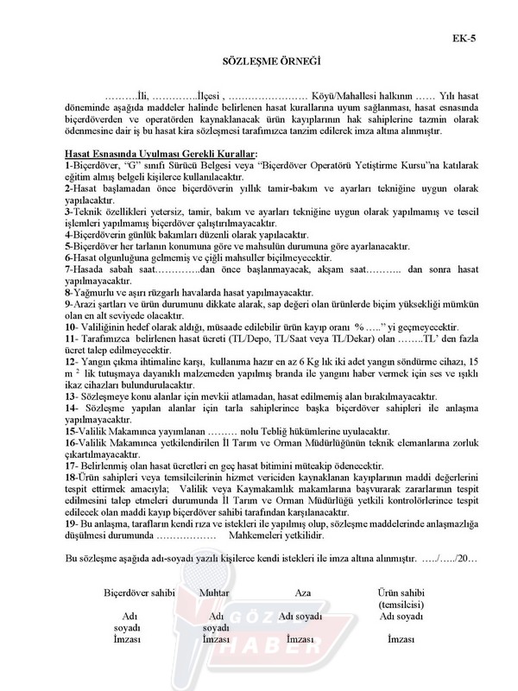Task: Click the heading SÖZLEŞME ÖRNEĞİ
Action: pyautogui.click(x=259, y=63)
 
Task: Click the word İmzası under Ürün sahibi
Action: pyautogui.click(x=401, y=639)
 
